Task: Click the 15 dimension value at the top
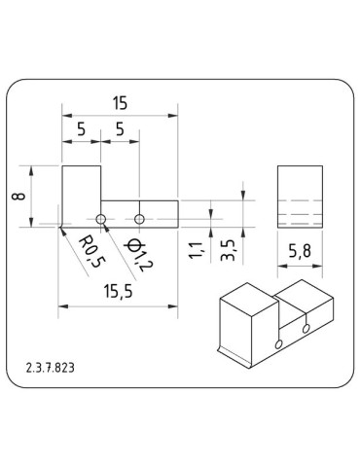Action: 121,103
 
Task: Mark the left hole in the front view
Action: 101,216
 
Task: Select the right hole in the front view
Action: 140,216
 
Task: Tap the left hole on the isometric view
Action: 279,344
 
